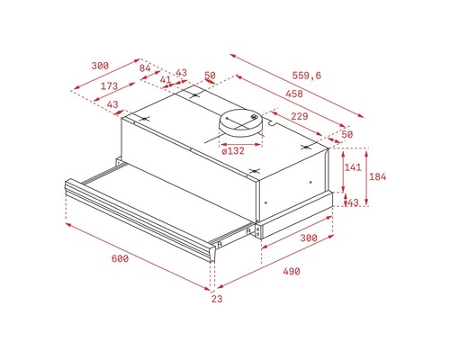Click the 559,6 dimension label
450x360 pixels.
306,76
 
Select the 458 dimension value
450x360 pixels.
294,94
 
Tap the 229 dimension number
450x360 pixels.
300,116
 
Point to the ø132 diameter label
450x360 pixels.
233,150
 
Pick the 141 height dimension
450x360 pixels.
353,167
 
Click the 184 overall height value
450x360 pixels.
377,176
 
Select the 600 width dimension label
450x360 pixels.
120,258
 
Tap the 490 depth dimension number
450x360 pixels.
292,272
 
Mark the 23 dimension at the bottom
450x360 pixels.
217,299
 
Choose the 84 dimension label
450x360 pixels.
145,68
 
